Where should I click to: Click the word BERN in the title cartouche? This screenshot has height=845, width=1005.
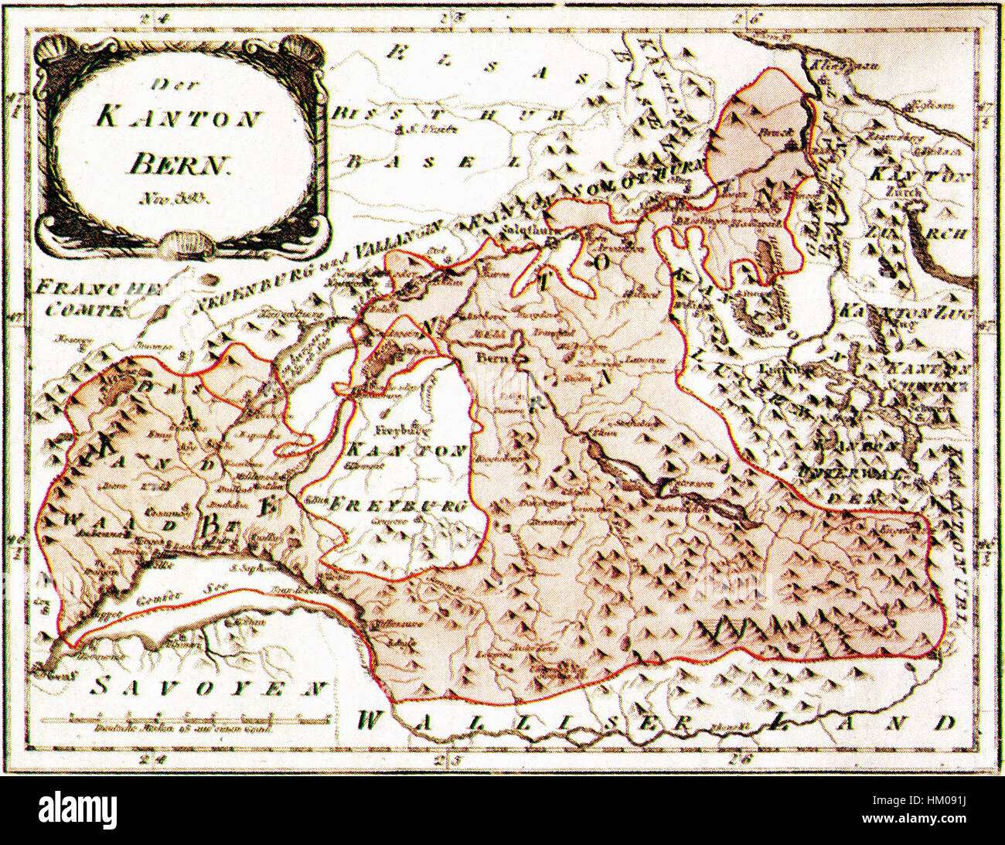[x=179, y=163]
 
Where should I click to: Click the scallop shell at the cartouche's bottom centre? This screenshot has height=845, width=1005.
[x=186, y=244]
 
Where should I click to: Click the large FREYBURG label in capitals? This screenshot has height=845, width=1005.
[x=398, y=507]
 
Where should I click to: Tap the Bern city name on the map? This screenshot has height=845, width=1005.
[x=490, y=358]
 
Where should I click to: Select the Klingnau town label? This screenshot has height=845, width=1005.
[x=833, y=65]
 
